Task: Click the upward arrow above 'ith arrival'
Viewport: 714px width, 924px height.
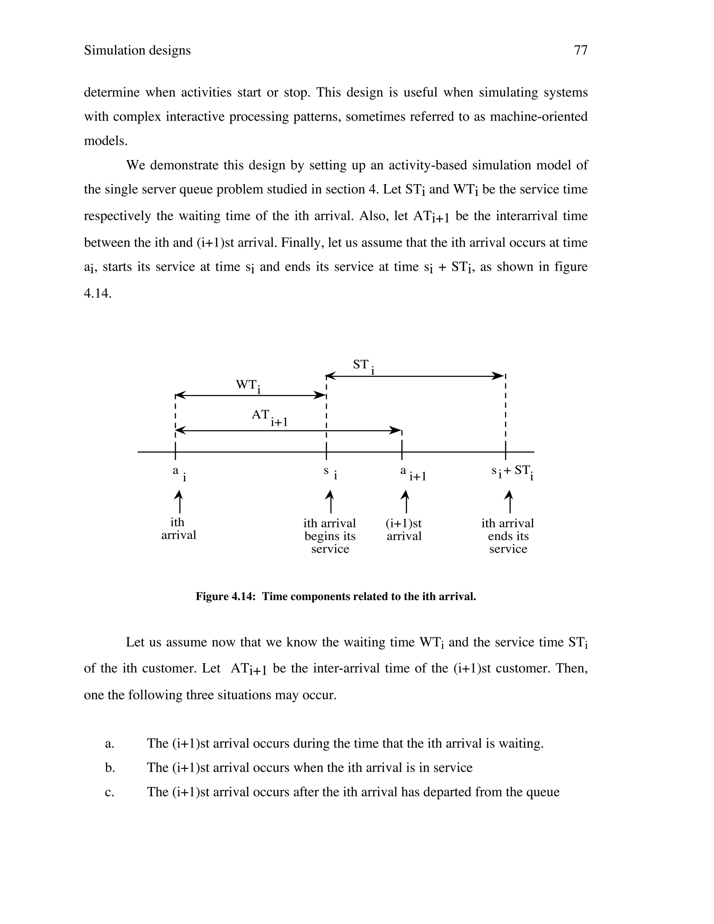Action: tap(179, 501)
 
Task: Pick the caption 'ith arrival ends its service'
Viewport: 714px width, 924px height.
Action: tap(508, 536)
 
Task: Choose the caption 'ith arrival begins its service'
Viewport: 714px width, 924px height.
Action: tap(330, 536)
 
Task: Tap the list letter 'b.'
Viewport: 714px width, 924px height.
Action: tap(110, 768)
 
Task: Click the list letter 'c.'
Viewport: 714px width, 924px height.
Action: tap(109, 792)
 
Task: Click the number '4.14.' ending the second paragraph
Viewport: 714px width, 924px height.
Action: tap(98, 293)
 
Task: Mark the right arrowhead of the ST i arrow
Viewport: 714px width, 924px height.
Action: tap(499, 376)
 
